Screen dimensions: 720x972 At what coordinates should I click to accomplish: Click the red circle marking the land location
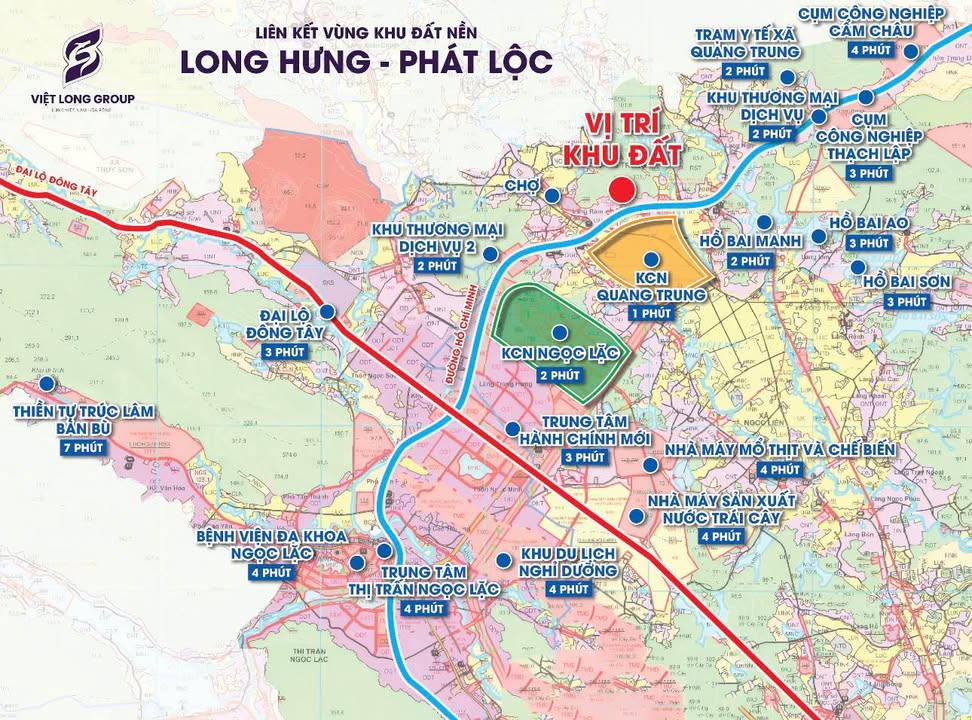tap(624, 190)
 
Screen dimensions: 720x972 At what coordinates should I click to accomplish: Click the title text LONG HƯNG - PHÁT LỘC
tap(366, 60)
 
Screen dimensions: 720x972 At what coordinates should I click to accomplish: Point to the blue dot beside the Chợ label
tap(551, 196)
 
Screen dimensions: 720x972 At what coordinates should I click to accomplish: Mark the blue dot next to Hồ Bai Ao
tap(819, 237)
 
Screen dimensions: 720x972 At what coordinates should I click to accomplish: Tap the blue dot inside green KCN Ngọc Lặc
tap(558, 333)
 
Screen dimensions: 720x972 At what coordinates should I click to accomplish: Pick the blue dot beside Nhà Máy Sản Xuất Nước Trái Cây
tap(637, 516)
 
